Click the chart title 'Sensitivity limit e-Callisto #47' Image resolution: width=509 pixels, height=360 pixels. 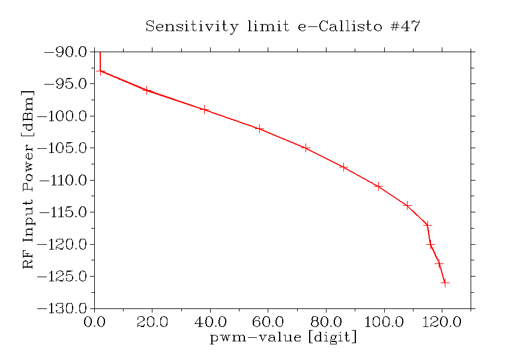(283, 27)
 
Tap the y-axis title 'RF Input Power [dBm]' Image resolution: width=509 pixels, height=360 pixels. (28, 179)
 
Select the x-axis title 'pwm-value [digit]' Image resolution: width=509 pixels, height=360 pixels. (283, 337)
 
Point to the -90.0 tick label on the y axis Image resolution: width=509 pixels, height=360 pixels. (66, 52)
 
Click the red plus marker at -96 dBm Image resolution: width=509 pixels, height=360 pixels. (146, 90)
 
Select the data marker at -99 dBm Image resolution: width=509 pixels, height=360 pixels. (205, 110)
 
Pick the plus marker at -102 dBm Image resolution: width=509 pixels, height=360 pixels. (260, 128)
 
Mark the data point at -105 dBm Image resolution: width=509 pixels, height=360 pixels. (306, 148)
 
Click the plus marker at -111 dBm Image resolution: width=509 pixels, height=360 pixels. (379, 186)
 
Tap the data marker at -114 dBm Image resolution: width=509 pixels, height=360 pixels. (408, 205)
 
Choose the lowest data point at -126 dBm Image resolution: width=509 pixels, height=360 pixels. (445, 283)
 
